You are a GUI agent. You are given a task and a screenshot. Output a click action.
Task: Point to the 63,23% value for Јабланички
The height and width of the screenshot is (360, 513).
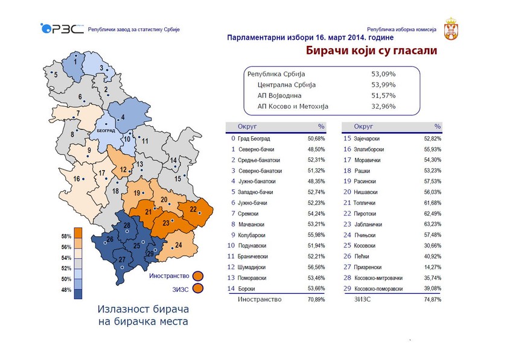coord(430,224)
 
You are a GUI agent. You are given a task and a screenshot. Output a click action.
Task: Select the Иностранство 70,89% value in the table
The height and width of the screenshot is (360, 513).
coord(313,299)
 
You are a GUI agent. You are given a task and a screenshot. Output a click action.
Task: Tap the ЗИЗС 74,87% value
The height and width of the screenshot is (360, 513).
coord(430,299)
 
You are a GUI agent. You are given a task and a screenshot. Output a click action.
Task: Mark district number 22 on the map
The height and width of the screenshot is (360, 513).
coord(193,209)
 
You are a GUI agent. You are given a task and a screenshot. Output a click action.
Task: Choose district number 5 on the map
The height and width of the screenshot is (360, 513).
coord(56,75)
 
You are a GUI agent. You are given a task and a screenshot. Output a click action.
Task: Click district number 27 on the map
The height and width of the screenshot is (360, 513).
coord(123,260)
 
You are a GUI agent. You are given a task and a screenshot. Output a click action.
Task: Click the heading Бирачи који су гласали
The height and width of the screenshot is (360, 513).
coord(371,51)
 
